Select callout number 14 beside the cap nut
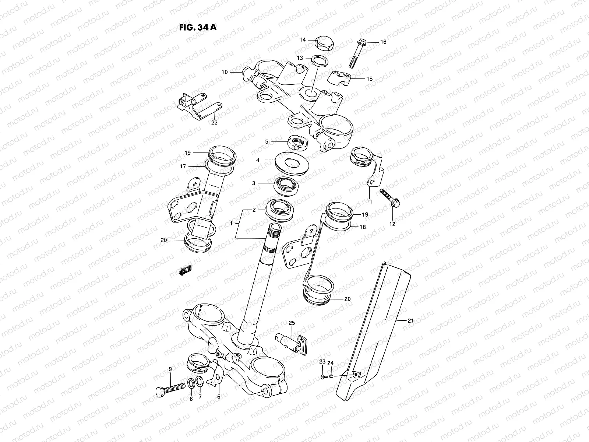click(303, 40)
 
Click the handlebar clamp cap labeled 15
click(339, 78)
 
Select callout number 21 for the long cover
click(410, 320)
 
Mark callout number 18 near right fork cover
click(363, 227)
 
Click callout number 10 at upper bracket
click(225, 72)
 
